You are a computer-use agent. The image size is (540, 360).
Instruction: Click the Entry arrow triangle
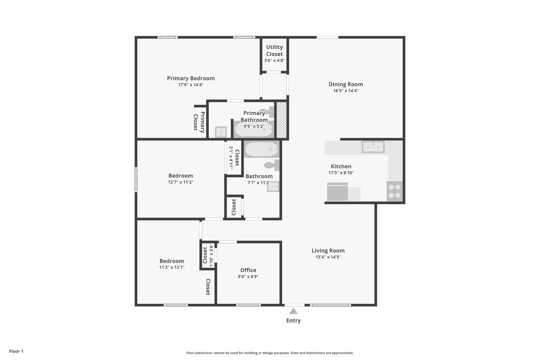(293, 311)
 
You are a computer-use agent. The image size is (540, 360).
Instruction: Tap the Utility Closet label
(274, 50)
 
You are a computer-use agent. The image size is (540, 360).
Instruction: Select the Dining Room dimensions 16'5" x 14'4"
(345, 91)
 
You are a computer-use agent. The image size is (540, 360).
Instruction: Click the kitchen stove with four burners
(394, 191)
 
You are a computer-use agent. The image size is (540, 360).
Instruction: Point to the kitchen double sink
(373, 147)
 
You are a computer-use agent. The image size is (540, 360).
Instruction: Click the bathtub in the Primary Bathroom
(253, 129)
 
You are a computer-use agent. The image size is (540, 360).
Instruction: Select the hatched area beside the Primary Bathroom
(281, 120)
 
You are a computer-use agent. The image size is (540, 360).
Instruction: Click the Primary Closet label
(199, 122)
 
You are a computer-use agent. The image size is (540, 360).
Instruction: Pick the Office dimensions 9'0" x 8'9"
(248, 277)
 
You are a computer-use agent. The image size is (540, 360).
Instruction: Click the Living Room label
(328, 251)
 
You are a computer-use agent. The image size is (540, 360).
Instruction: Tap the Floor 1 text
(16, 351)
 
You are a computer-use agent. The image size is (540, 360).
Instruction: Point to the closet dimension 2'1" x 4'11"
(231, 157)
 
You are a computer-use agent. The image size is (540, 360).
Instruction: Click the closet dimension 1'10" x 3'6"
(211, 255)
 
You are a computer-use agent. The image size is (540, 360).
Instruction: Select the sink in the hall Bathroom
(273, 187)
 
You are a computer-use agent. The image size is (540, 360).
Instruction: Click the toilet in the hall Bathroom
(272, 165)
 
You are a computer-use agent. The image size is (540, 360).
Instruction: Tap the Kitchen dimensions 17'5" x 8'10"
(341, 173)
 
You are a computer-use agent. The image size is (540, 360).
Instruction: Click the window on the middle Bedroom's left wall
(136, 179)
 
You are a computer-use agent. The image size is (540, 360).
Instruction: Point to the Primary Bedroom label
(191, 78)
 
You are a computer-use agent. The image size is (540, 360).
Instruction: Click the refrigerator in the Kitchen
(337, 192)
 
